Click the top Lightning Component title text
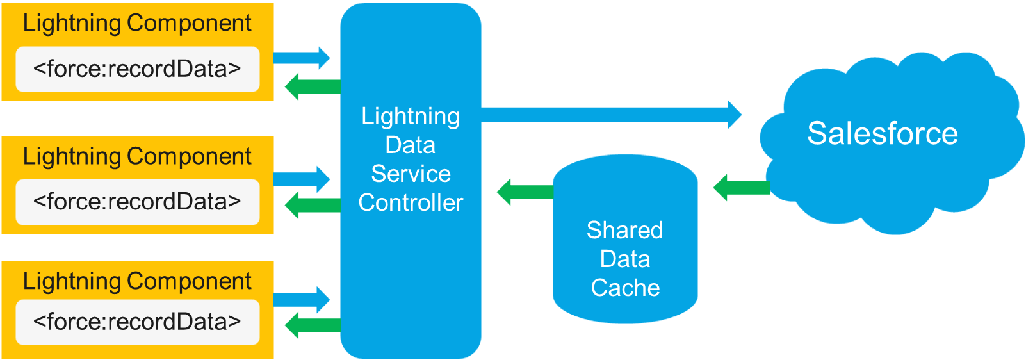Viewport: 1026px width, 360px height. click(x=137, y=23)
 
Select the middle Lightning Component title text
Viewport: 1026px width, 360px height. click(x=137, y=156)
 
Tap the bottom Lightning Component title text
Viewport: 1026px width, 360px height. click(x=137, y=281)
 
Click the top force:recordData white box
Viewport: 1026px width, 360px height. click(x=137, y=69)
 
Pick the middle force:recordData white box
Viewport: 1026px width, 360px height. click(x=137, y=202)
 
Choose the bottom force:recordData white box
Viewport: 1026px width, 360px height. click(x=137, y=322)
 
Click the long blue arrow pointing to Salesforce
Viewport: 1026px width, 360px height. click(x=608, y=115)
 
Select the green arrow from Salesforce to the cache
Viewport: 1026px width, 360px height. click(x=741, y=188)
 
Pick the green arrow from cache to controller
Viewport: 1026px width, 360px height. click(x=525, y=192)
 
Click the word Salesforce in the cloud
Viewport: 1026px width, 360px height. click(x=882, y=133)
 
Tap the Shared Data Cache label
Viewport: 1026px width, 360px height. click(x=625, y=259)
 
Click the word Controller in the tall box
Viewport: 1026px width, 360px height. click(x=411, y=203)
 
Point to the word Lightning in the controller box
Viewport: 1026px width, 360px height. click(x=411, y=117)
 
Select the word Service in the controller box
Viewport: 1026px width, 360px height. click(x=411, y=174)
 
